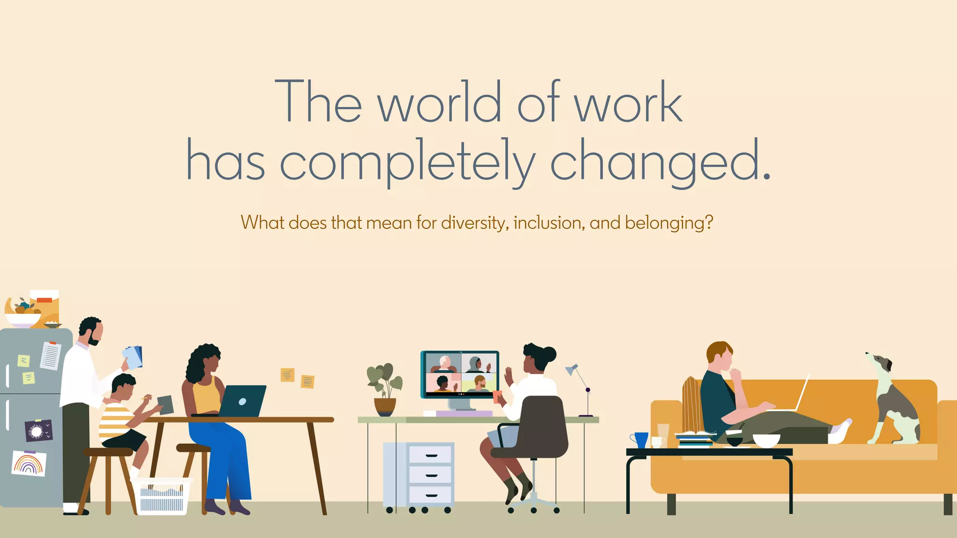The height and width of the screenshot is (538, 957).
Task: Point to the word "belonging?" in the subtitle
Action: pos(669,223)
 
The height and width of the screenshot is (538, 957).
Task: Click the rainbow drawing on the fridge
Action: pos(29,463)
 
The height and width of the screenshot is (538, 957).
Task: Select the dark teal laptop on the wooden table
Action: pos(242,401)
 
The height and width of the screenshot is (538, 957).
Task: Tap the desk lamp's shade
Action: pos(571,369)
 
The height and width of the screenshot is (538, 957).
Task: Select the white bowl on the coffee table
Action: pos(766,440)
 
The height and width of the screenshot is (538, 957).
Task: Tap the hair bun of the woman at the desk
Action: pos(549,354)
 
